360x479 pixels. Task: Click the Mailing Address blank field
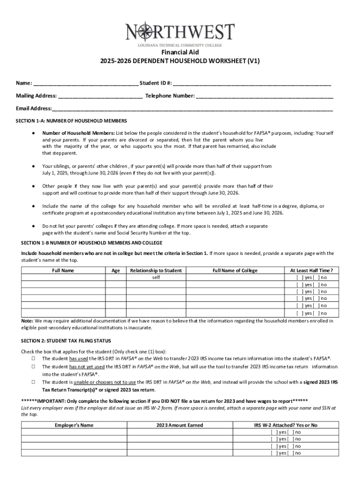101,97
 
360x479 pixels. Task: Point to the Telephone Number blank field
265,97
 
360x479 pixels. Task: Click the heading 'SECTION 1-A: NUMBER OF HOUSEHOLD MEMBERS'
72,121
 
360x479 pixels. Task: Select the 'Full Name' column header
63,270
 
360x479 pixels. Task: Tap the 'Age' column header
115,270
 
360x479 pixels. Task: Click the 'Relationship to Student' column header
156,270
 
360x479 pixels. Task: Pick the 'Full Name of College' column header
235,270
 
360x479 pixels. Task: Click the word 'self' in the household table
156,277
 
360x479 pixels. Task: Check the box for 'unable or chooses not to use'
34,382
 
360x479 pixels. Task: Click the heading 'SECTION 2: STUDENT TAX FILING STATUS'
66,341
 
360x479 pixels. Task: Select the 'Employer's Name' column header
74,425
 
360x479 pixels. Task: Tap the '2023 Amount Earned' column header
180,425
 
